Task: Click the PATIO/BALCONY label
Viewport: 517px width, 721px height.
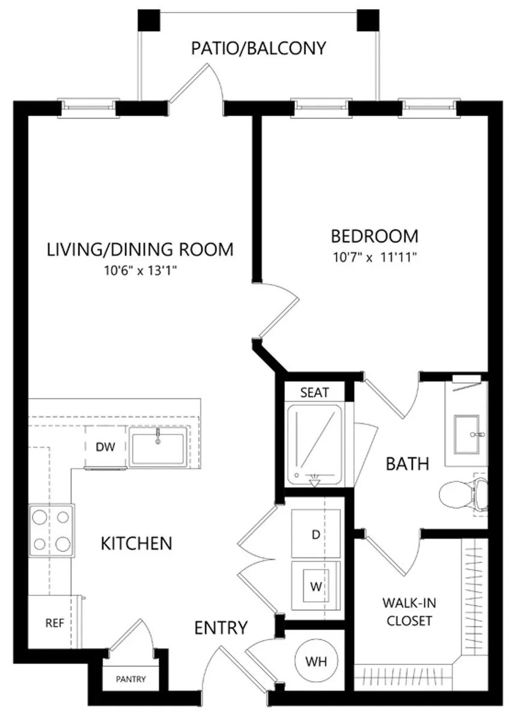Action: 258,48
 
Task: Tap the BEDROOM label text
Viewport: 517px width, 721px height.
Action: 375,236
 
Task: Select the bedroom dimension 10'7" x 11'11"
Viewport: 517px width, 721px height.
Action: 375,257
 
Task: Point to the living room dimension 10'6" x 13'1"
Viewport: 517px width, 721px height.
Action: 141,270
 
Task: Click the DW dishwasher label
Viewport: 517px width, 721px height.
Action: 105,446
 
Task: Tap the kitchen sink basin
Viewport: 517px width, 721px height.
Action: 158,449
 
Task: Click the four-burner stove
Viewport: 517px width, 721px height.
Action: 52,530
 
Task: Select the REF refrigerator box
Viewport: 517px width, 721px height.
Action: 54,622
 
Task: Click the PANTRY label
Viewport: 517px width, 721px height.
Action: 131,679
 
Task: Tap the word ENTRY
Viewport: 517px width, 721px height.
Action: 221,628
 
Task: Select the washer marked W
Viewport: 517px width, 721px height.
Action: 316,585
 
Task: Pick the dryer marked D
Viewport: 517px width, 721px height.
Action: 316,534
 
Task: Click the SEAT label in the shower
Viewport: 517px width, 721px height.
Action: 315,393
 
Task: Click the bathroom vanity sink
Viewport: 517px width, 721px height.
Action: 467,434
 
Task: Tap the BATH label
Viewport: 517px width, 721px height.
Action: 408,464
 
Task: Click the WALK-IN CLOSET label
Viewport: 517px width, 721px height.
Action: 409,612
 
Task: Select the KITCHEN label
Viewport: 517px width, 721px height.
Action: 136,544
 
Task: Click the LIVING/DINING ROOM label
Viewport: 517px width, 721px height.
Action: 141,249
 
